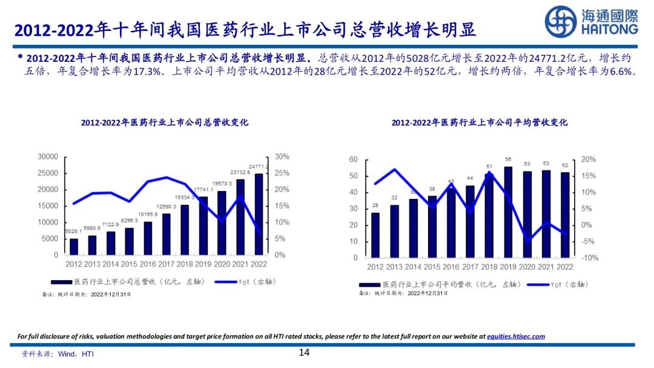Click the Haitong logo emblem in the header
560,22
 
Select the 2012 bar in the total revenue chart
74,247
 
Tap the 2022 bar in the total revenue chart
259,214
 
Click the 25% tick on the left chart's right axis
282,173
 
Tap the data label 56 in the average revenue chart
508,160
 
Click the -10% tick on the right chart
589,258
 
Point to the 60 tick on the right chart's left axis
354,159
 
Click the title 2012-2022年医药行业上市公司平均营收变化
480,122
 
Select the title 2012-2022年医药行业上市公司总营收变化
165,122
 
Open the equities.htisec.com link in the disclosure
516,336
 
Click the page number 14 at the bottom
304,353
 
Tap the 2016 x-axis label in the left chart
148,264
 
